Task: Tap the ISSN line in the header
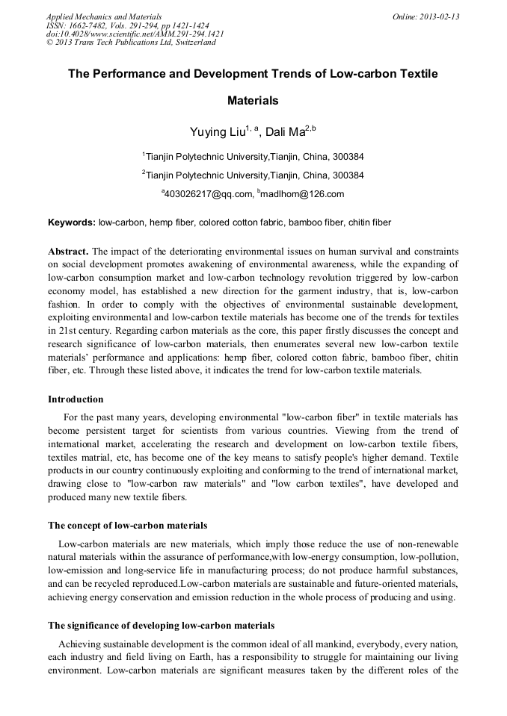pos(127,25)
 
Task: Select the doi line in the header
pos(134,34)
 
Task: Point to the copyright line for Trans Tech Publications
pos(131,43)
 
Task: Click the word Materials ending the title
pos(253,100)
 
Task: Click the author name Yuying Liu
pos(218,133)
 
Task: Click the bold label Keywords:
pos(72,222)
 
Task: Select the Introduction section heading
pos(76,399)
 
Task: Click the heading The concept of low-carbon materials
pos(127,526)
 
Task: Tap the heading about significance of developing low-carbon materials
pos(161,626)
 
